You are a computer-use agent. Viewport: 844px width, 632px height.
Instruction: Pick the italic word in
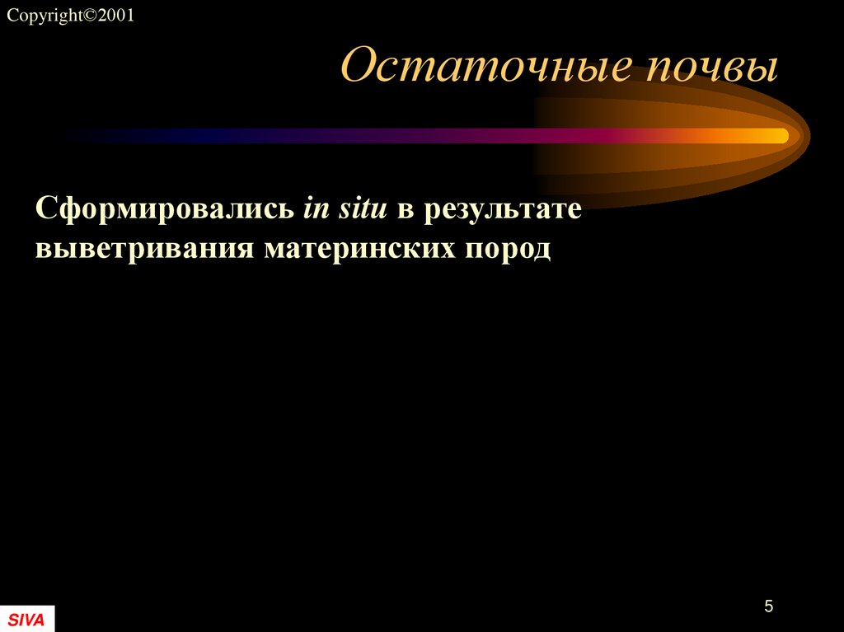point(316,209)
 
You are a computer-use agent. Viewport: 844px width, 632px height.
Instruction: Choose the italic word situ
point(363,209)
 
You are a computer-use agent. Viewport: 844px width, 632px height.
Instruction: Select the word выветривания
point(144,248)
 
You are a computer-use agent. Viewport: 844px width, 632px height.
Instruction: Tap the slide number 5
point(768,607)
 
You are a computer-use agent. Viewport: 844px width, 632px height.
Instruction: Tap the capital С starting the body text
point(45,209)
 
